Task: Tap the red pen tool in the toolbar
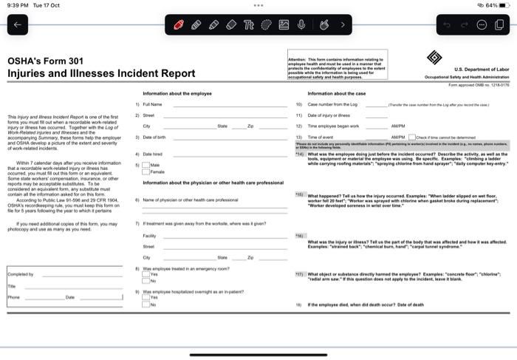tap(179, 24)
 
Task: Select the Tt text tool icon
tap(249, 24)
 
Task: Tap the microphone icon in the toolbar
tap(301, 24)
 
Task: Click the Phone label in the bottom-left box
tap(14, 296)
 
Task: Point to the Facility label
tap(149, 234)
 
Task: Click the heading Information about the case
tap(337, 94)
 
